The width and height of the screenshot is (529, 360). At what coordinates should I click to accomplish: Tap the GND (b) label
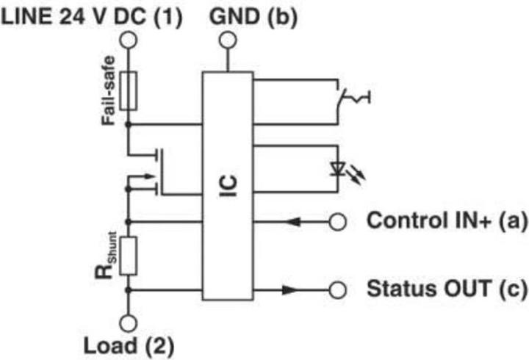(253, 16)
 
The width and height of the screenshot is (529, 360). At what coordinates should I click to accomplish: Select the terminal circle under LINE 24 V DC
(128, 40)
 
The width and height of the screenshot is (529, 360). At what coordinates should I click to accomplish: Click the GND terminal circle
(227, 40)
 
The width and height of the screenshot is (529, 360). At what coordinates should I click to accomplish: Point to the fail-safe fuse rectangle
(128, 91)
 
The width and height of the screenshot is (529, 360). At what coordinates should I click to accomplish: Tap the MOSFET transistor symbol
(151, 173)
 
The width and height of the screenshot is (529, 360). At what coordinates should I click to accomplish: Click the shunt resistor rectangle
(128, 256)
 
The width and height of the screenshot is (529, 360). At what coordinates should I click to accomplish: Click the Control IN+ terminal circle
(337, 220)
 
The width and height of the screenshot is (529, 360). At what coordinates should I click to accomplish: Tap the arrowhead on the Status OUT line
(291, 289)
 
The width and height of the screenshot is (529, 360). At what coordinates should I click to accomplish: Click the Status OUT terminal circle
(337, 289)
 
